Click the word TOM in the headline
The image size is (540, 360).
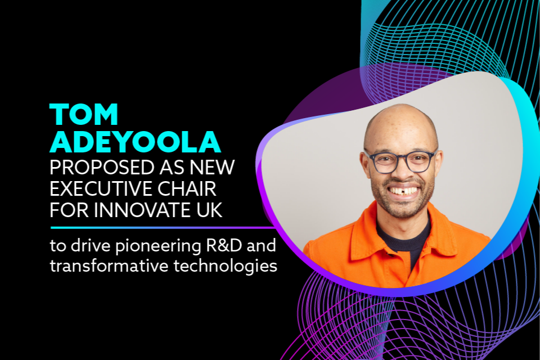coord(84,114)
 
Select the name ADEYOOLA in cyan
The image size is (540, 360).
coord(135,142)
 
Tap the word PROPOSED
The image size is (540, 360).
coord(102,168)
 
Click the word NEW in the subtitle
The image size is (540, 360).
coord(212,168)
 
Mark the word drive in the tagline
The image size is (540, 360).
coord(91,246)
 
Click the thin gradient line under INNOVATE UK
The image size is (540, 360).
coord(163,228)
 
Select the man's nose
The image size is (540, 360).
coord(402,172)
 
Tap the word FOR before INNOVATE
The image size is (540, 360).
coord(69,210)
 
